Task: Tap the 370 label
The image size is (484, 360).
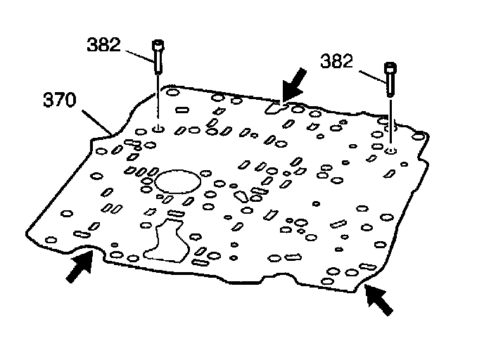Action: point(59,101)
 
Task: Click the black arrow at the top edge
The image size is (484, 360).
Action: point(293,84)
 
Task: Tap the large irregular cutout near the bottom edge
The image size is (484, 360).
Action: point(166,241)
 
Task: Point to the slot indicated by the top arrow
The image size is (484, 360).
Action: point(274,108)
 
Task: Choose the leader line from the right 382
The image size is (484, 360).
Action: point(370,75)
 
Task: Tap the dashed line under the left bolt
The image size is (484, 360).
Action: point(158,98)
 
